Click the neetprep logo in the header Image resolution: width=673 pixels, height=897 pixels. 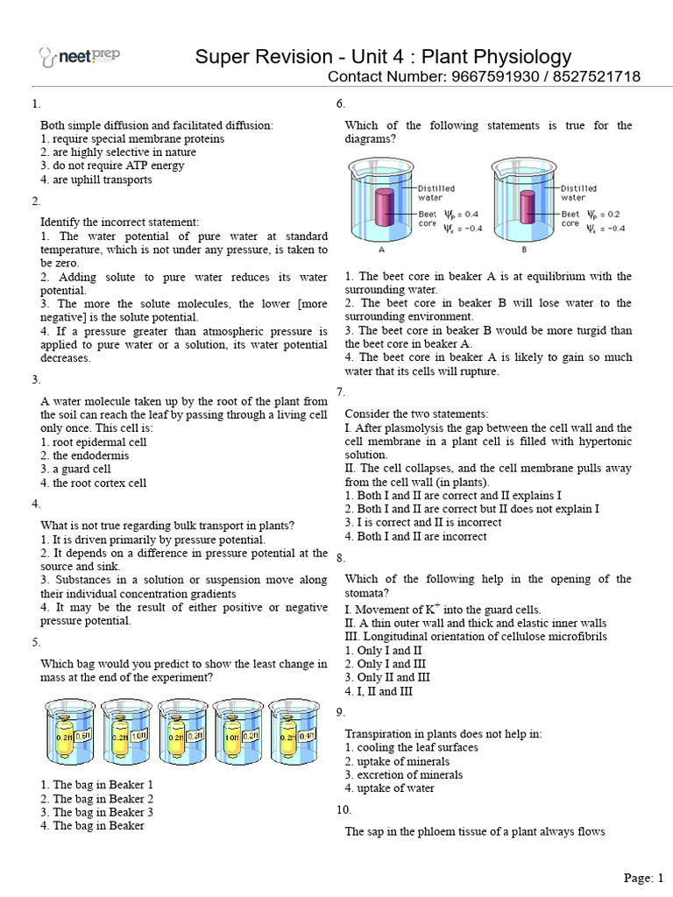pyautogui.click(x=80, y=57)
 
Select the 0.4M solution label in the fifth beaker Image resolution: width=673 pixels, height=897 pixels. pyautogui.click(x=306, y=736)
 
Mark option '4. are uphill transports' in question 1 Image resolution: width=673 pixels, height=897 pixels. pyautogui.click(x=96, y=180)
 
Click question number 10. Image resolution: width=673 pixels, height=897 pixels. pyautogui.click(x=344, y=809)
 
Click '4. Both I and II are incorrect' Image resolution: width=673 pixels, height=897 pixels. pyautogui.click(x=415, y=536)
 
